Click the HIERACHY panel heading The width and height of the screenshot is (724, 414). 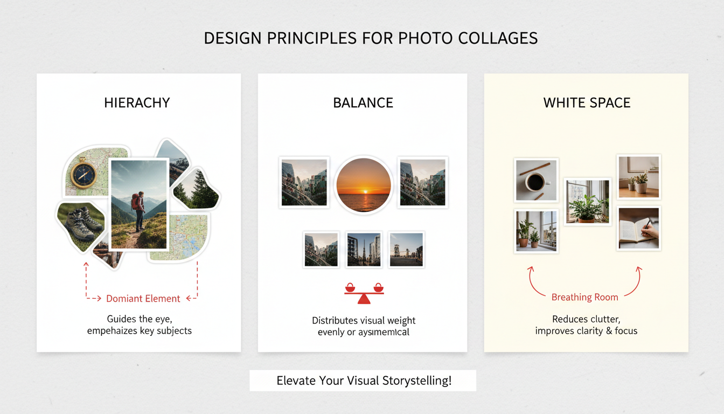pos(137,102)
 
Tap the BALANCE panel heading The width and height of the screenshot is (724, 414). pos(363,102)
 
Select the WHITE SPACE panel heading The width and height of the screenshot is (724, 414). pos(587,102)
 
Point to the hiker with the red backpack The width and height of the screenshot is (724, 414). pos(138,210)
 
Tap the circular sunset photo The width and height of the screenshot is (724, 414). pos(363,184)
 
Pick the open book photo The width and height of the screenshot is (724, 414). pos(639,229)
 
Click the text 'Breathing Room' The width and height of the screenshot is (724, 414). pos(584,297)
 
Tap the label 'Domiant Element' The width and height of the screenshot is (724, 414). pos(143,298)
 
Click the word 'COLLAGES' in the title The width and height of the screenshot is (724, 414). pos(495,38)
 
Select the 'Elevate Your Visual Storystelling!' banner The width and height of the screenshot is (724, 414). pos(363,381)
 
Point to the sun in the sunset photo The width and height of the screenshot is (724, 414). pos(363,191)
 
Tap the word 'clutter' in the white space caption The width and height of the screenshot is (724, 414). pos(601,319)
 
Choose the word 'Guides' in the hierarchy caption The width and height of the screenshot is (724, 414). pos(122,319)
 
